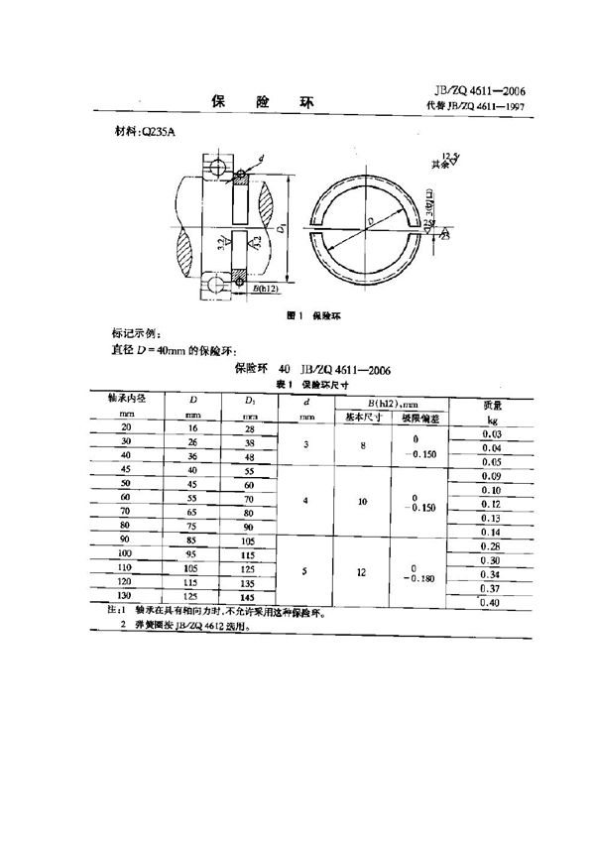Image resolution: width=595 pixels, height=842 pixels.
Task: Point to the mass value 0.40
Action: pyautogui.click(x=489, y=603)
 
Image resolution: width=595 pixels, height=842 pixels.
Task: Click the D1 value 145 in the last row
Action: pyautogui.click(x=248, y=597)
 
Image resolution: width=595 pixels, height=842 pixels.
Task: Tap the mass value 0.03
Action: pyautogui.click(x=489, y=434)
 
